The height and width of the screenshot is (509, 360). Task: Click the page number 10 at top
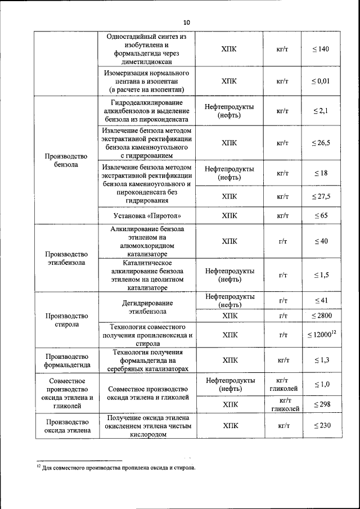186,22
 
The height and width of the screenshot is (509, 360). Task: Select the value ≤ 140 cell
321,49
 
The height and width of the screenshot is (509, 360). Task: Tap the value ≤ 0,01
321,81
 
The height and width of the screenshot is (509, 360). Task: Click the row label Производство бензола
66,160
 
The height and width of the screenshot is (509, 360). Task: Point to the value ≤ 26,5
321,143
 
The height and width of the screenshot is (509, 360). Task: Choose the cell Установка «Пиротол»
147,215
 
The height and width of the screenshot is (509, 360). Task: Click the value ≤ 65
321,215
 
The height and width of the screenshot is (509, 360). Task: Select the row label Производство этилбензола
66,258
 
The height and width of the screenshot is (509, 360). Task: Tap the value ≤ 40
321,241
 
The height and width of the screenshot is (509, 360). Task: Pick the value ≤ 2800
321,316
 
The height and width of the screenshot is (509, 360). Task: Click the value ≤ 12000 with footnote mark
321,335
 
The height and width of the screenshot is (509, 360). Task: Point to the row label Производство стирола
66,320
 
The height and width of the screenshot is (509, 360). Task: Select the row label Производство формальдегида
66,361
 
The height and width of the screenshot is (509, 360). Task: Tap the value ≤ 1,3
321,360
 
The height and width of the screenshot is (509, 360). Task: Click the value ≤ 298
321,404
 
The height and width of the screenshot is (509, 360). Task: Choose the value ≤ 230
321,426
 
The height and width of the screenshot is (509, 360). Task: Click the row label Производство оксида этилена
66,426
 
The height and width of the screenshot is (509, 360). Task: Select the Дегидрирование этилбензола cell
147,307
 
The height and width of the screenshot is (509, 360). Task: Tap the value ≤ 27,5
321,196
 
